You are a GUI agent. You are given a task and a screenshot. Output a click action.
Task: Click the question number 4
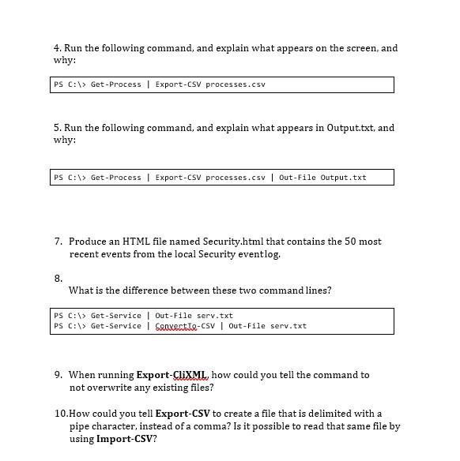pos(57,48)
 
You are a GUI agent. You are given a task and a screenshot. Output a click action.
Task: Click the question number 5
pos(57,128)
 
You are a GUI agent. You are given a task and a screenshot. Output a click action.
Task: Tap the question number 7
pos(58,242)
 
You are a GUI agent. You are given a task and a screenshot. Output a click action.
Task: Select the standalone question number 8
pos(58,278)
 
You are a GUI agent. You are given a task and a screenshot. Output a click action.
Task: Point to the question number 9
pos(58,375)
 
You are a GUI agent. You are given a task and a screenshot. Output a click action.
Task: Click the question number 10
pos(61,414)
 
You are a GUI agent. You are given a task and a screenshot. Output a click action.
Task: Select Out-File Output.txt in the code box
pos(322,178)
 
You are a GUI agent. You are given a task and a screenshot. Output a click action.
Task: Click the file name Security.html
pos(233,242)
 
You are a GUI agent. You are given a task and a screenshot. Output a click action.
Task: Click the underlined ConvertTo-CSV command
pos(184,326)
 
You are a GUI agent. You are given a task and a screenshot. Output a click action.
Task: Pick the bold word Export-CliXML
pos(172,375)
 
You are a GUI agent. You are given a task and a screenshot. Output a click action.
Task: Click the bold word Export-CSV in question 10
pos(183,414)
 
